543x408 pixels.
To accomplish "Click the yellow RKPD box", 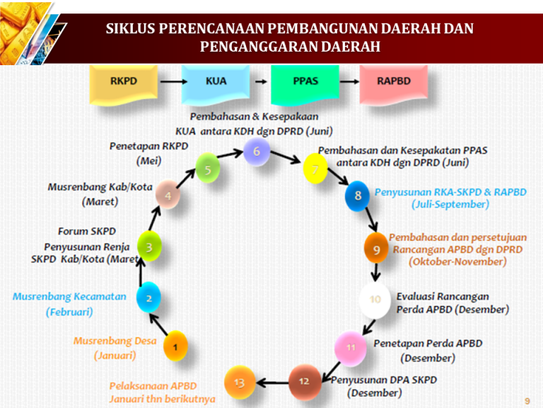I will pos(123,83).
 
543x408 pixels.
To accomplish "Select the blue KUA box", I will pos(215,83).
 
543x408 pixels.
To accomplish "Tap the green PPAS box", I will pos(304,83).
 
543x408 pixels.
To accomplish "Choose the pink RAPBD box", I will pos(393,83).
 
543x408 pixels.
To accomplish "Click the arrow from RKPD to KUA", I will pos(170,81).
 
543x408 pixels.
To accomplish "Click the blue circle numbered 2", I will pos(149,298).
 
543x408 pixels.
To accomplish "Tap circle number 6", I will pos(257,151).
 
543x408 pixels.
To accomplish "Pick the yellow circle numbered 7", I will pos(315,169).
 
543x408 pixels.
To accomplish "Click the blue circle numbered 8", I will pos(358,195).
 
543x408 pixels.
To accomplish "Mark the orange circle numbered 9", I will pos(377,249).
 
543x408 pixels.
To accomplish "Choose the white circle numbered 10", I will pos(375,300).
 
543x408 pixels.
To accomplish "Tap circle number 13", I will pos(239,383).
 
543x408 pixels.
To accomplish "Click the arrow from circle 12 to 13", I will pos(271,382).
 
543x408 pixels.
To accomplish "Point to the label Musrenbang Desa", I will pos(115,341).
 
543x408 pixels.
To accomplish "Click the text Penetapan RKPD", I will pos(149,146).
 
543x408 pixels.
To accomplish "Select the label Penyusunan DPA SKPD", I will pos(385,380).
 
